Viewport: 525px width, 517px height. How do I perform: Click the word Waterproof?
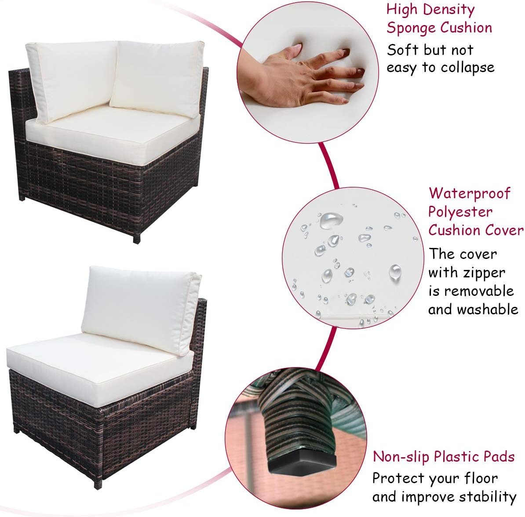pos(470,193)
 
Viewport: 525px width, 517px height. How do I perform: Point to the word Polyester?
pos(460,212)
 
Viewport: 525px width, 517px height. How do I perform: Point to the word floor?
pos(481,478)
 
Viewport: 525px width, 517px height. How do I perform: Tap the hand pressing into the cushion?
pos(301,75)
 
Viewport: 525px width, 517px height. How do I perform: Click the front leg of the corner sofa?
pos(137,238)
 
